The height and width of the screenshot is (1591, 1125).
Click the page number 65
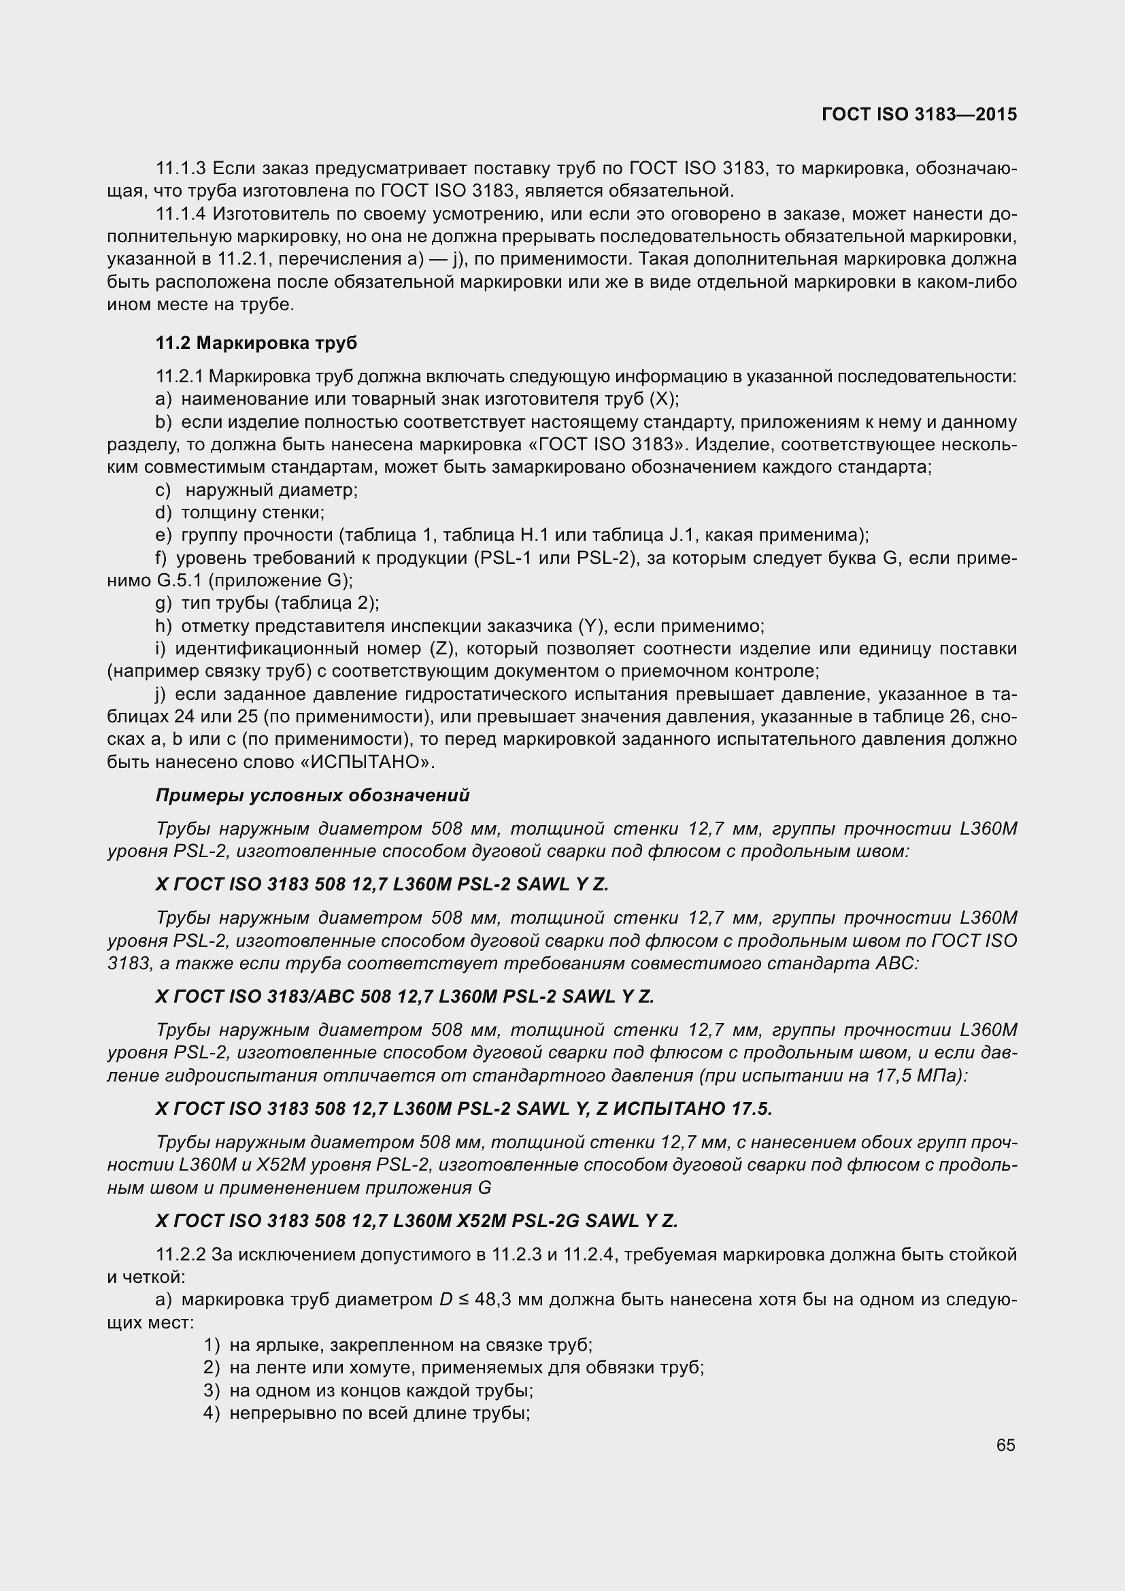(1005, 1445)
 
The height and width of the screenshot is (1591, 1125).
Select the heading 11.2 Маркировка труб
(256, 343)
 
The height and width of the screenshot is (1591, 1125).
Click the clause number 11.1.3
(181, 169)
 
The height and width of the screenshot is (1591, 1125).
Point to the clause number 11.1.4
(181, 214)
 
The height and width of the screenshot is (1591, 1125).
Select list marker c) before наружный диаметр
(163, 490)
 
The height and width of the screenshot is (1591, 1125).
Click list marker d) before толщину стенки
(163, 513)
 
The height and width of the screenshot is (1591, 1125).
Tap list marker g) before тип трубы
(163, 603)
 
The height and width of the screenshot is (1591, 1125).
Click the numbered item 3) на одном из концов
(368, 1391)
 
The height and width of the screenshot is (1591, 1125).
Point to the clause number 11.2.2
(181, 1255)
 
